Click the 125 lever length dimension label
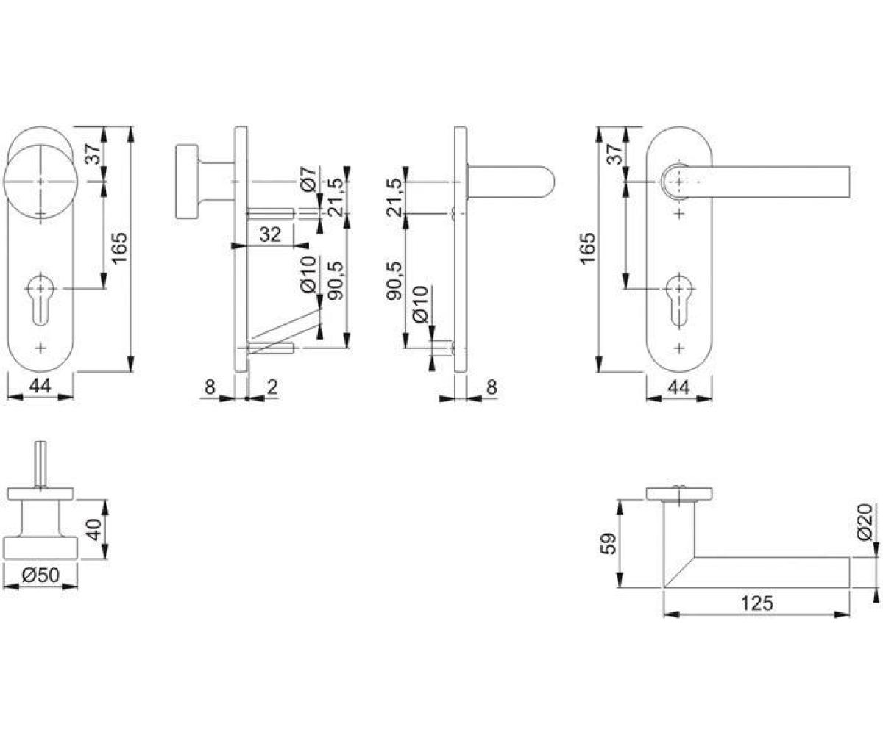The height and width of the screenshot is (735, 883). (x=756, y=603)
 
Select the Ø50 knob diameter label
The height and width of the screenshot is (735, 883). (x=41, y=575)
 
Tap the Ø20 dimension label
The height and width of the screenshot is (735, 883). (x=864, y=522)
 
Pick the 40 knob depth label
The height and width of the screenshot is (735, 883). (x=93, y=529)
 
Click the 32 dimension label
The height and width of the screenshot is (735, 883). (x=270, y=234)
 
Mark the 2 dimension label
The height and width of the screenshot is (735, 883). (x=273, y=387)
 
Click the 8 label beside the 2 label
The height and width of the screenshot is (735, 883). (x=210, y=387)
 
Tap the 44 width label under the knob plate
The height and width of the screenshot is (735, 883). (x=40, y=386)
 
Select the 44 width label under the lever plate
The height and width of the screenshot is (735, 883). (x=678, y=387)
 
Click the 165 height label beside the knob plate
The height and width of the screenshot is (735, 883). (x=119, y=247)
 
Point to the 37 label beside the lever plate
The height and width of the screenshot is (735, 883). (x=615, y=154)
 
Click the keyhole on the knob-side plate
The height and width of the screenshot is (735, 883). (x=40, y=299)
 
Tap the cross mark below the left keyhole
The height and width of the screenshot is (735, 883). (x=40, y=348)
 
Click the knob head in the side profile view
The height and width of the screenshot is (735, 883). (x=187, y=182)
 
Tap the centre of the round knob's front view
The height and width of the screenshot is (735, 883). (x=40, y=182)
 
